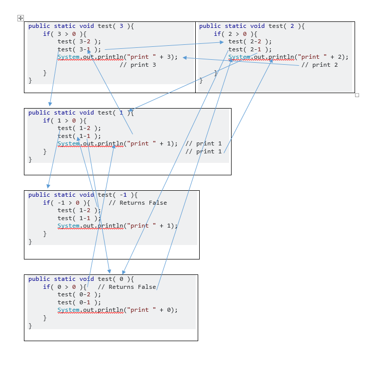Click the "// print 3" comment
[138, 65]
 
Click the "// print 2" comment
[320, 65]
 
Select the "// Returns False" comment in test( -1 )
[138, 203]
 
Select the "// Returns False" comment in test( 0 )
[127, 287]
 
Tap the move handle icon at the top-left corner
[20, 18]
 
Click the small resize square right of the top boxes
[357, 95]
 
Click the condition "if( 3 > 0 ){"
[65, 34]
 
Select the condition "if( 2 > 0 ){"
[236, 34]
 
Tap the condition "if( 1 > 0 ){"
[65, 121]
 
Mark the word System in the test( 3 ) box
[68, 57]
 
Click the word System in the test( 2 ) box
[239, 57]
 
